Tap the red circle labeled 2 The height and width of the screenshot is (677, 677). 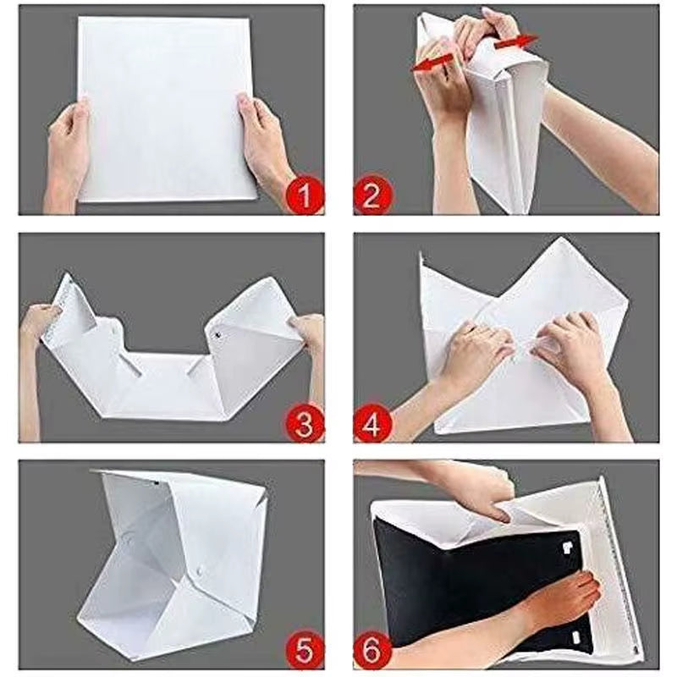tap(373, 196)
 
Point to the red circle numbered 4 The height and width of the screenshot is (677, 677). tap(373, 423)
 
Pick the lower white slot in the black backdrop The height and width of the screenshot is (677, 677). tap(575, 636)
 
